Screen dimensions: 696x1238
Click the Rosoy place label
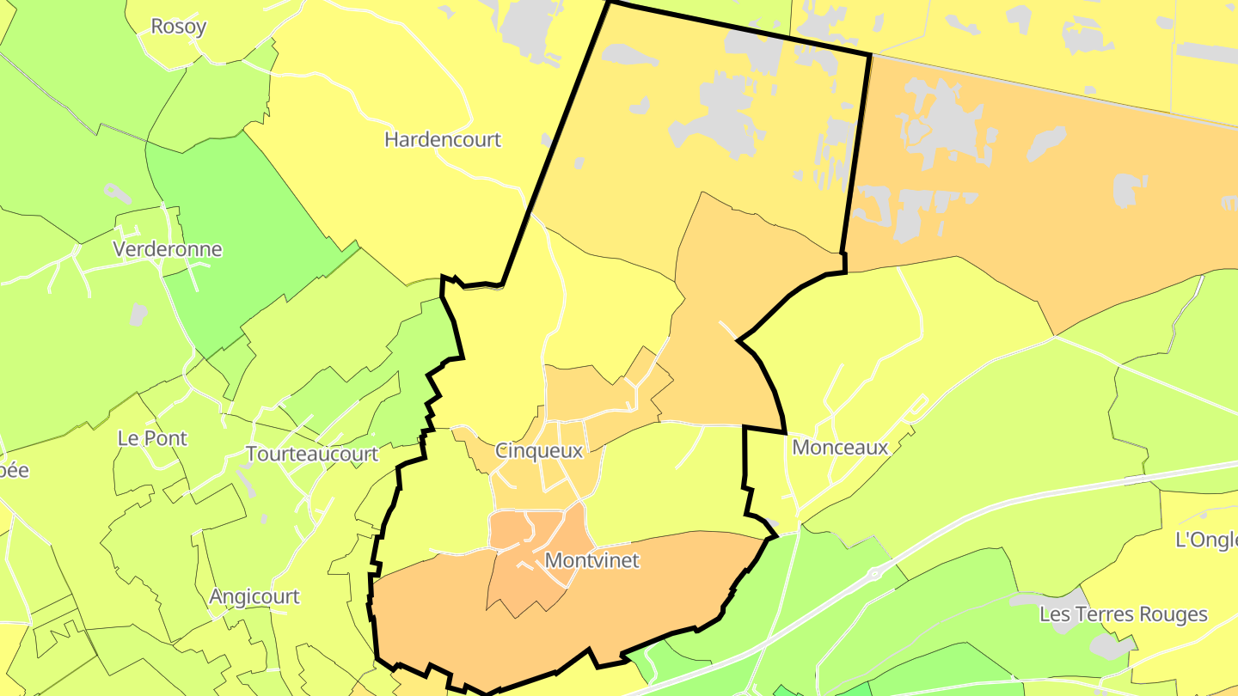[x=178, y=26]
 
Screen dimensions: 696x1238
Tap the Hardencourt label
[x=442, y=139]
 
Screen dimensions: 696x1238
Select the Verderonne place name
[x=168, y=249]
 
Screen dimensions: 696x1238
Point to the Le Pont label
[x=152, y=438]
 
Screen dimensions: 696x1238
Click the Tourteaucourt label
[x=312, y=454]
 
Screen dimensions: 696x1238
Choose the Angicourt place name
[x=254, y=596]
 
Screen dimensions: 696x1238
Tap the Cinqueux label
[x=539, y=450]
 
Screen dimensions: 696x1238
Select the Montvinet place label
[x=592, y=560]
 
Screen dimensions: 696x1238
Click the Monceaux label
[x=840, y=447]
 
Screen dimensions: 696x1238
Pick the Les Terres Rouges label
[x=1123, y=614]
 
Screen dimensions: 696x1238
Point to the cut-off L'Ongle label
[x=1205, y=540]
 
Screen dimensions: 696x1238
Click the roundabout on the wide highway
[x=875, y=573]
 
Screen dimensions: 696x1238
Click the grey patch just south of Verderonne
[x=138, y=315]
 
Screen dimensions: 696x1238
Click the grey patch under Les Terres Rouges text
[x=1109, y=644]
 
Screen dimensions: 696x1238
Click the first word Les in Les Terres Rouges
[x=1055, y=614]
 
